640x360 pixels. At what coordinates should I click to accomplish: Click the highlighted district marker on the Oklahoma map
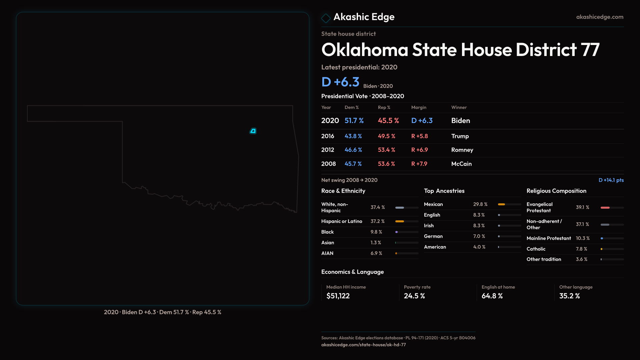pos(253,131)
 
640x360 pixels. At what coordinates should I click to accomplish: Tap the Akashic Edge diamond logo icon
pos(326,18)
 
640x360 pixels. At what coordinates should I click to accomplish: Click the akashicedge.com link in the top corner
pos(599,17)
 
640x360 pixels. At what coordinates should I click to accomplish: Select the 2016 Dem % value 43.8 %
pos(353,136)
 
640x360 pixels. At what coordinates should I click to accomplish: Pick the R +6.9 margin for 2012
pos(419,150)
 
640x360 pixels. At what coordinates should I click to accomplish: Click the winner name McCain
pos(461,164)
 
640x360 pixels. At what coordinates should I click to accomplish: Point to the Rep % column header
pos(384,107)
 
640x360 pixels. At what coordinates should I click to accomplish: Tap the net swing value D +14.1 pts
pos(611,180)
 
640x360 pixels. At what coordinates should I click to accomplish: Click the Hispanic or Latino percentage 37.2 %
pos(377,221)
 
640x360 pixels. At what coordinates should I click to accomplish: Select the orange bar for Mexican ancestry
pos(501,204)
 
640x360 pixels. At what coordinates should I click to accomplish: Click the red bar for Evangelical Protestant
pos(605,208)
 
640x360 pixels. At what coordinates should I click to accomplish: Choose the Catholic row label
pos(536,249)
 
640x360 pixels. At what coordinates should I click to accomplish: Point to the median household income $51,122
pos(338,296)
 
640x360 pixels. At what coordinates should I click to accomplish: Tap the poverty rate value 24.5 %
pos(414,296)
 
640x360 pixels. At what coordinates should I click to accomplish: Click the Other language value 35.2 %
pos(569,296)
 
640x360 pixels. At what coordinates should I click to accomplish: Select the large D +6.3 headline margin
pos(340,82)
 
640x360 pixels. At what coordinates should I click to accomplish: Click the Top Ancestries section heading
pos(444,191)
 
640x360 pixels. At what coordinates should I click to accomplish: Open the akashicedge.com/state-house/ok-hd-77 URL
pos(363,345)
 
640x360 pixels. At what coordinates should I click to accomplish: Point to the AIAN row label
pos(327,253)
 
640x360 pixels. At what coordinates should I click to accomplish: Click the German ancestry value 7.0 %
pos(479,236)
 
